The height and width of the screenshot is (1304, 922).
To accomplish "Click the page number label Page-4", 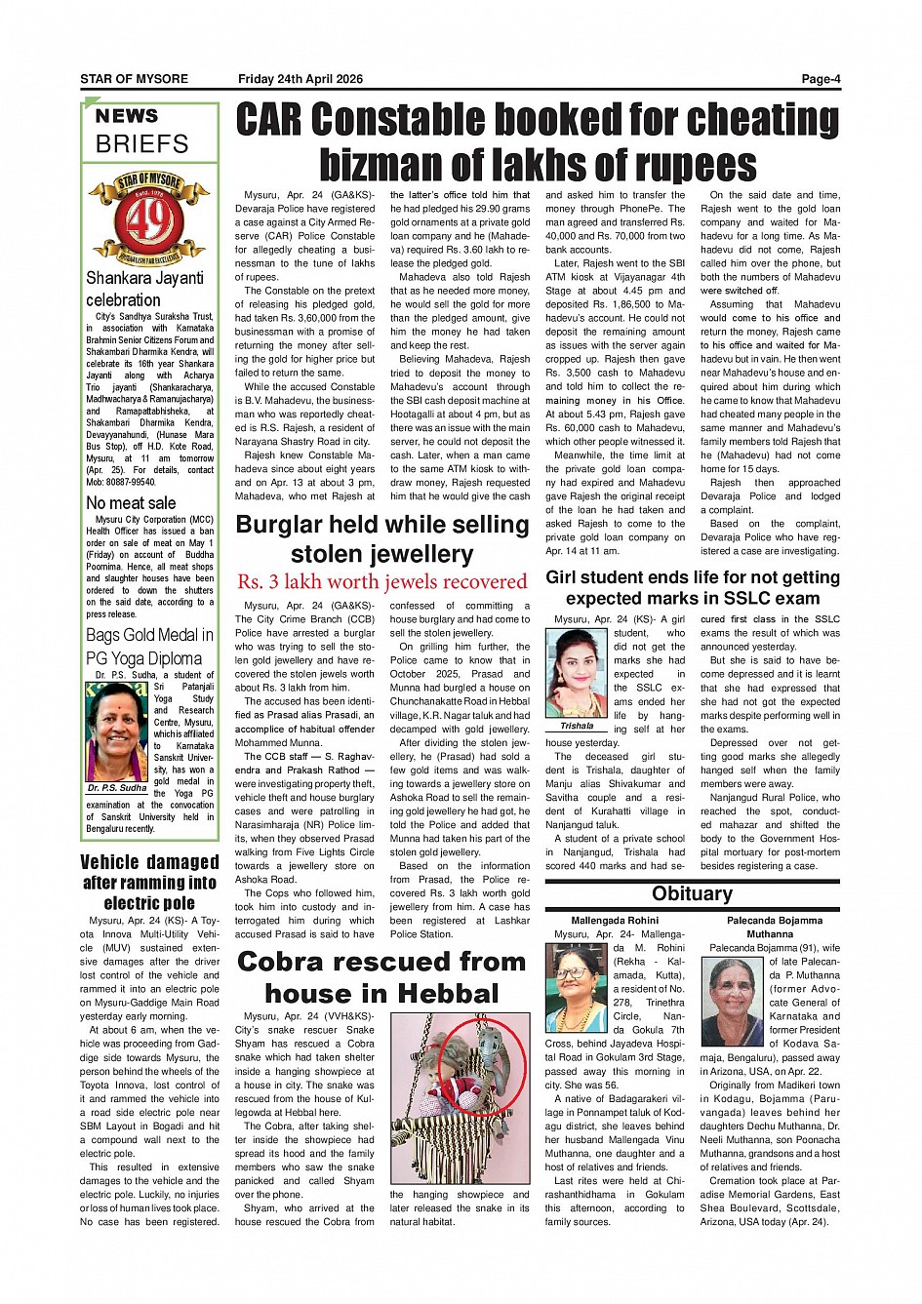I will click(820, 79).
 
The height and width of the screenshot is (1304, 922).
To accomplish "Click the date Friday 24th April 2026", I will click(301, 79).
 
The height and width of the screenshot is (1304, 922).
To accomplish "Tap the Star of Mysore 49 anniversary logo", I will click(149, 218).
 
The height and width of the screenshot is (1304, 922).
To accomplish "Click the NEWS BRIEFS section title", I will click(142, 131).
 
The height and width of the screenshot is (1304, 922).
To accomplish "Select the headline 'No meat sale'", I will click(131, 503).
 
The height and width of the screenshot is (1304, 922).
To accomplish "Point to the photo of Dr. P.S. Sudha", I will click(117, 732).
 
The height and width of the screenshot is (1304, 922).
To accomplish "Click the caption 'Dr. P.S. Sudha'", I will click(117, 788).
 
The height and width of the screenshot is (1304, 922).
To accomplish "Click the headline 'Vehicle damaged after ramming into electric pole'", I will click(149, 883).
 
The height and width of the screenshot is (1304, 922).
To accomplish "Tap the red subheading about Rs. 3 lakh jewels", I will click(381, 582).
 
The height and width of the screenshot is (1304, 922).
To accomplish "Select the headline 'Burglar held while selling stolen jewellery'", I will click(381, 539).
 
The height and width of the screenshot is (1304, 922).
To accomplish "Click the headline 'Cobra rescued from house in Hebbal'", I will click(381, 977).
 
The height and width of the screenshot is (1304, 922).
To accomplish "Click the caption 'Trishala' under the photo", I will click(577, 727).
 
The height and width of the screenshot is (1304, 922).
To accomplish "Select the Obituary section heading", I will click(692, 894).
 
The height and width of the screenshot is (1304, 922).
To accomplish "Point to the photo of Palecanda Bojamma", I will click(732, 1002).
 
